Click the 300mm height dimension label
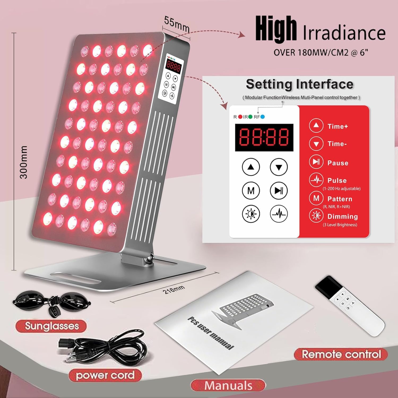point(24,162)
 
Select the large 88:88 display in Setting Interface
point(264,137)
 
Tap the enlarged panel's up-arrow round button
point(251,167)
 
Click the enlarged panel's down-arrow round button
point(279,167)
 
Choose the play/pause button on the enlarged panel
point(279,191)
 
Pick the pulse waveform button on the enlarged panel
point(279,214)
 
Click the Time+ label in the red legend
point(338,126)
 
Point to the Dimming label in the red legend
point(342,217)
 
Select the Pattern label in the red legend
point(340,199)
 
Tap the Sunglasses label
point(52,326)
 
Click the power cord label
point(105,375)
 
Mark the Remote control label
point(341,354)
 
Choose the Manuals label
point(228,385)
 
